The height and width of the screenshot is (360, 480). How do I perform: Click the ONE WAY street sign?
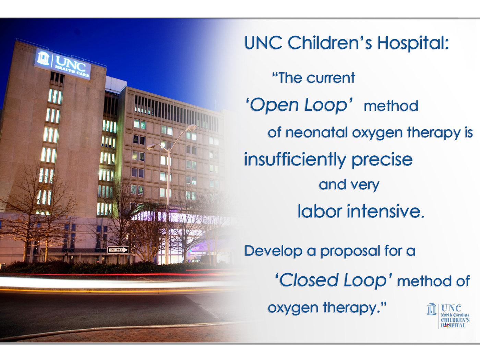coord(118,250)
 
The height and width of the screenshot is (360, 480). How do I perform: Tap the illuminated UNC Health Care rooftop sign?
coord(62,64)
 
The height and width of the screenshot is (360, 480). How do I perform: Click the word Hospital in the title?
coord(413,43)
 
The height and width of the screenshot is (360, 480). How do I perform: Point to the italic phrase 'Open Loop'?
coord(299,105)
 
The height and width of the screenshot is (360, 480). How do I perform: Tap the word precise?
coord(382,160)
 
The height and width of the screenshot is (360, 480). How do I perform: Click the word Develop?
coord(273,251)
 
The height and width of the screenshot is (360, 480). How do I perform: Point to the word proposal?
coord(350,252)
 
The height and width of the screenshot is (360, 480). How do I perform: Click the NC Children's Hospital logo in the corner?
coord(448,316)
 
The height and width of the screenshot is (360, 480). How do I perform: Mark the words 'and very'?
coord(349,185)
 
